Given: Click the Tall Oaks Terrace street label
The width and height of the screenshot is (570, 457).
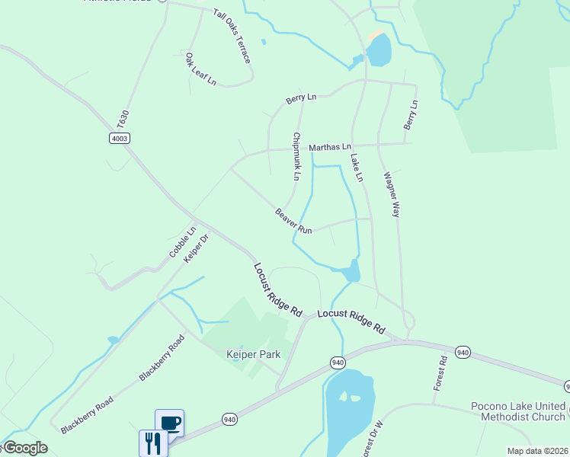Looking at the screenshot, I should point(232,37).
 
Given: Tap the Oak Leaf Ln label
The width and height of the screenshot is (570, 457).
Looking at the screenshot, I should point(200,69).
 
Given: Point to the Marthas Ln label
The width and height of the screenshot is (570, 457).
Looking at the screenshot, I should point(330,146).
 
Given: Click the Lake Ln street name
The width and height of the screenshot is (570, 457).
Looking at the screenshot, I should point(357,168).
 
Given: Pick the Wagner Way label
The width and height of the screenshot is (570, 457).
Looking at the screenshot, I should point(391,194).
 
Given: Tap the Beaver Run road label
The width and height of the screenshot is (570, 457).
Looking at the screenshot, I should point(293,221).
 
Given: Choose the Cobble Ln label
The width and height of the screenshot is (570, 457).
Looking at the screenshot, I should point(183,242).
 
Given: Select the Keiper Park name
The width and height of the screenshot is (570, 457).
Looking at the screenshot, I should point(254,354).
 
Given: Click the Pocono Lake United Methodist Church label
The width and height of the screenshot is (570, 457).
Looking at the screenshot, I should point(518,411).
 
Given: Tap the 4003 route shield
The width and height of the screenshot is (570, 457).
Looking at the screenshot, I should point(120,138).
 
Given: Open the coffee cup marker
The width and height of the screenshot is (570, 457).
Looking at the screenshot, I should point(169,422).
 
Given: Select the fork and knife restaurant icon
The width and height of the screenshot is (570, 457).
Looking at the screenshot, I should point(152,442).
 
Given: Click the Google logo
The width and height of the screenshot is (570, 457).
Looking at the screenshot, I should point(24,448).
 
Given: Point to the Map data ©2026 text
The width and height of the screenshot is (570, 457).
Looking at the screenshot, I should point(537,451).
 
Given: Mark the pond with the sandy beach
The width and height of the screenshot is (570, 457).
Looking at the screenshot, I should point(379,50).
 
